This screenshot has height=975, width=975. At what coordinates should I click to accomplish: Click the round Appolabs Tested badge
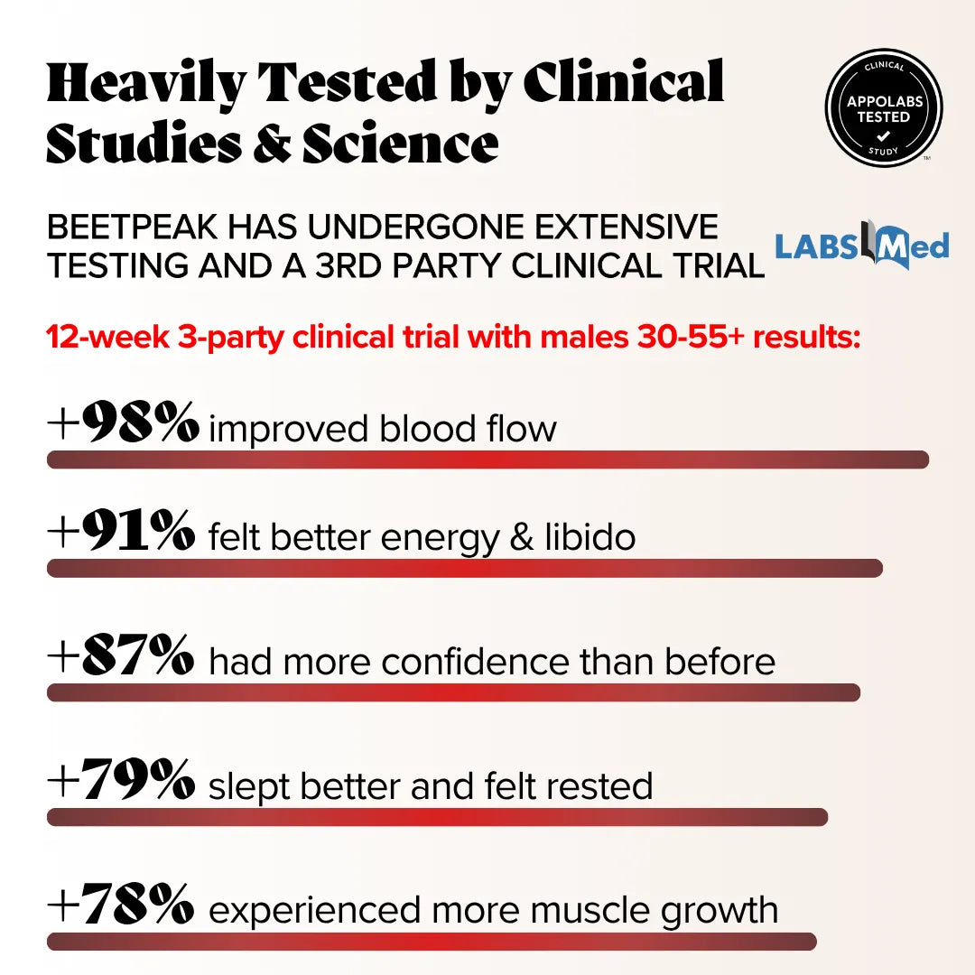pyautogui.click(x=884, y=108)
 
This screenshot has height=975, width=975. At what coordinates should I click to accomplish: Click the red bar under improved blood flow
pyautogui.click(x=488, y=460)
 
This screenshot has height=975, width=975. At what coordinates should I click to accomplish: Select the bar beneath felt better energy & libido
pyautogui.click(x=465, y=569)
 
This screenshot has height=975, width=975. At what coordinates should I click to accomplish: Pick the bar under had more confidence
pyautogui.click(x=454, y=692)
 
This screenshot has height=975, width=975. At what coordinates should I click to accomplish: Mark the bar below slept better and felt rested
pyautogui.click(x=438, y=817)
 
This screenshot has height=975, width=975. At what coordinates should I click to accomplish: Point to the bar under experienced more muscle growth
pyautogui.click(x=432, y=942)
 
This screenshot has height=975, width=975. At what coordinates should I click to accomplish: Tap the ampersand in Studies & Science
pyautogui.click(x=272, y=144)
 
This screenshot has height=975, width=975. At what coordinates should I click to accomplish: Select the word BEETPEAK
pyautogui.click(x=133, y=227)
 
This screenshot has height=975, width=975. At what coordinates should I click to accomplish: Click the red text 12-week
pyautogui.click(x=107, y=337)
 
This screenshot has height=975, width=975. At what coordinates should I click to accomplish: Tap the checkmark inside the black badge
pyautogui.click(x=884, y=136)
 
